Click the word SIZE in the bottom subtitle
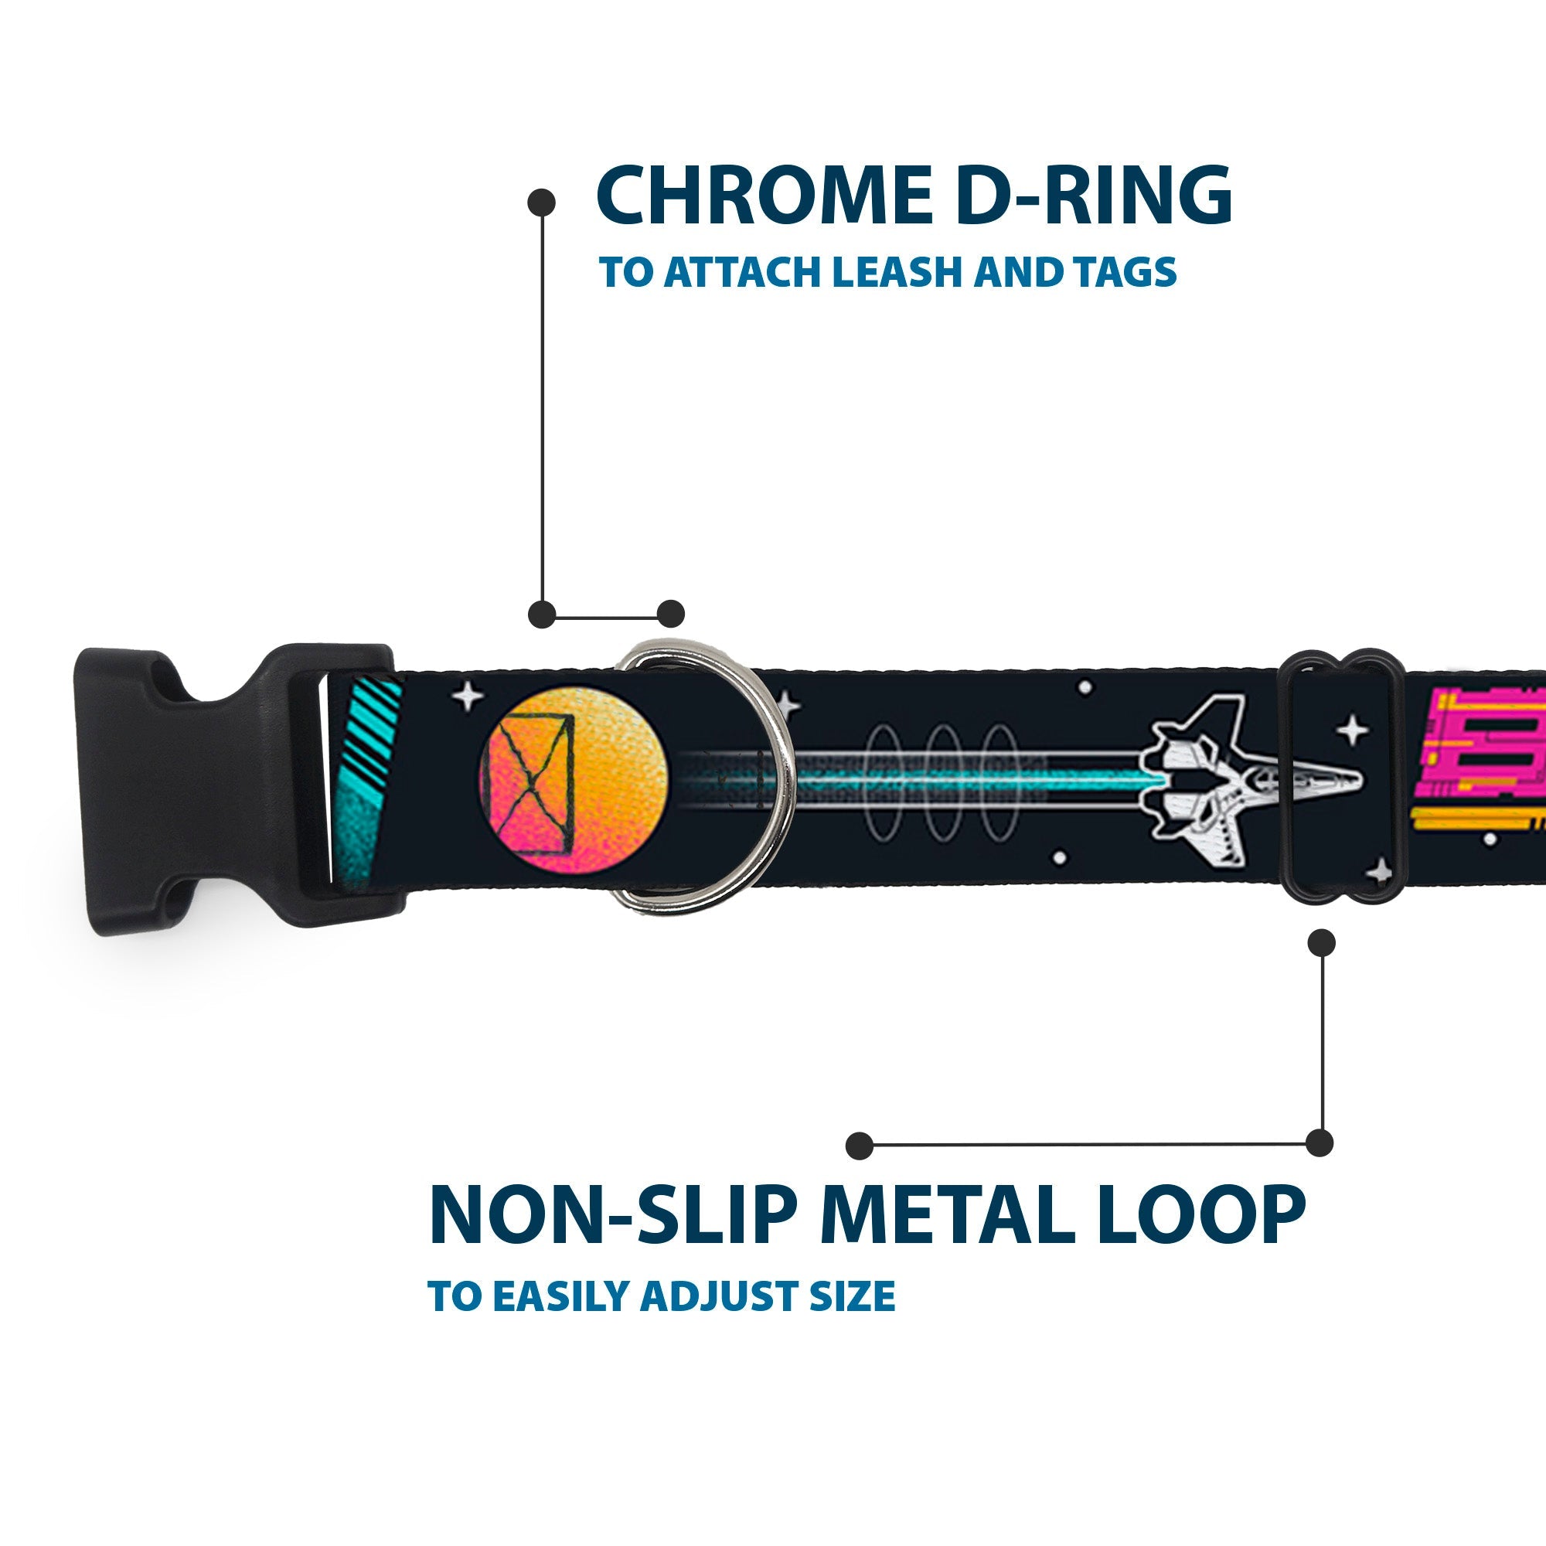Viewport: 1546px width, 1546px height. pos(851,1296)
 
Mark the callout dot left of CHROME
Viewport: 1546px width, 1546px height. pos(542,203)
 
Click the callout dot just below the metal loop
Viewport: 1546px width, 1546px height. pos(1321,942)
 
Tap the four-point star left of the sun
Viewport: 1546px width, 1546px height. pos(468,697)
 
